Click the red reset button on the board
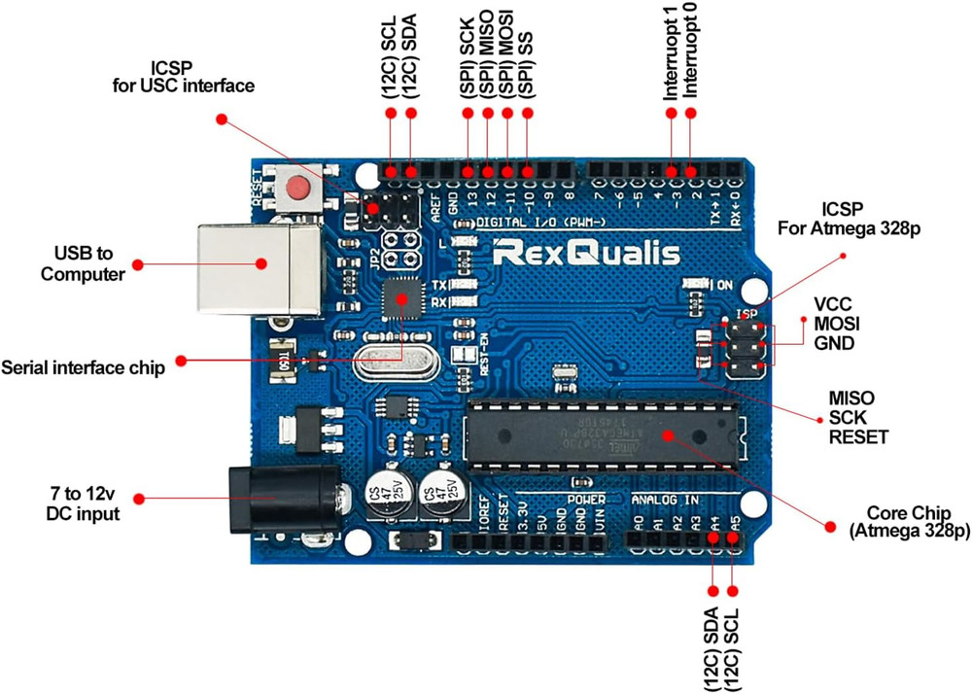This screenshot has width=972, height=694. (x=299, y=187)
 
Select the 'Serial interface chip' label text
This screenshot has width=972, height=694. (x=84, y=368)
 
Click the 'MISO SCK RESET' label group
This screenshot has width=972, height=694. (x=857, y=417)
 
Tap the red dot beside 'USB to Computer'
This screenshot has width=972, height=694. (x=138, y=264)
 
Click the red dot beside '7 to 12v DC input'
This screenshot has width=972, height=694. (x=139, y=498)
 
